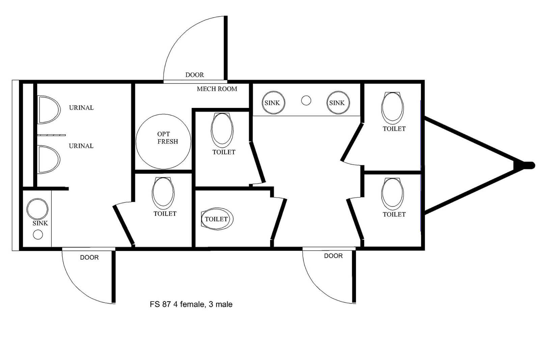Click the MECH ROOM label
point(217,89)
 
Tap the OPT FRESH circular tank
point(163,142)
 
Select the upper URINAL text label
point(81,108)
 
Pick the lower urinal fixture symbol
point(49,160)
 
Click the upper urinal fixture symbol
point(49,110)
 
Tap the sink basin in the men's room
point(37,209)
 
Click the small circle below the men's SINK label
point(38,234)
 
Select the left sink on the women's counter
point(273,103)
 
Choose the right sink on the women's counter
point(338,103)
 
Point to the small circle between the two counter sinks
point(306,101)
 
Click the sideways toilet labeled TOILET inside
point(217,219)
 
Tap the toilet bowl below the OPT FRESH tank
point(163,193)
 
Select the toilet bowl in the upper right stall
point(393,108)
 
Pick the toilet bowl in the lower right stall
point(393,194)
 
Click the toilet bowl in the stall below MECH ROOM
point(222,130)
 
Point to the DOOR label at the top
point(194,75)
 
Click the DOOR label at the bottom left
point(89,257)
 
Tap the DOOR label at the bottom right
point(333,256)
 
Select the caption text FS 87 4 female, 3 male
point(191,304)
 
